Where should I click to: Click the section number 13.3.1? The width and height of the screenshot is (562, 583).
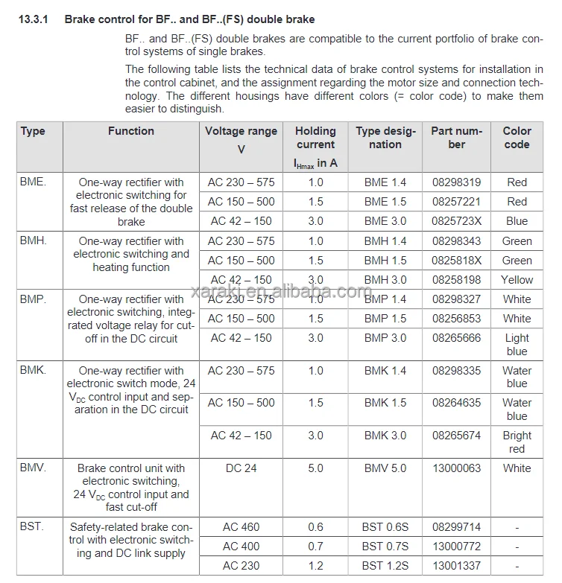coord(34,19)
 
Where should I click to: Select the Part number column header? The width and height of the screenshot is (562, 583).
coord(457,138)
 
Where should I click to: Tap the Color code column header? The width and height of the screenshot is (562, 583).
coord(517,138)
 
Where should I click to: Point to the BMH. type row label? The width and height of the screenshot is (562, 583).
coord(34,240)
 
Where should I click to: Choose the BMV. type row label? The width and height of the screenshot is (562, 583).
coord(34,468)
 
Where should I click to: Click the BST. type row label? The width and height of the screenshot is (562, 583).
coord(32,526)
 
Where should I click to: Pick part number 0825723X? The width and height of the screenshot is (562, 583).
coord(456,221)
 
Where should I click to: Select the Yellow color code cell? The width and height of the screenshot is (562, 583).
coord(517,280)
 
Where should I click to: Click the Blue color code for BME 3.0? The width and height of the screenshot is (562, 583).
coord(517,221)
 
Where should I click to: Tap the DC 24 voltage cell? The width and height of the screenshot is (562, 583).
coord(241,468)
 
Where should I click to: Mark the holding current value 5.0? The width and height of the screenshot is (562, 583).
coord(315,468)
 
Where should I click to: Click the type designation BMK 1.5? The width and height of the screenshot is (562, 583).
coord(385,403)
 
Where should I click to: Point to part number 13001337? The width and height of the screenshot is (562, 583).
coord(456,565)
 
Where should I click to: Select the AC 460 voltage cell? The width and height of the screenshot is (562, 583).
coord(241,526)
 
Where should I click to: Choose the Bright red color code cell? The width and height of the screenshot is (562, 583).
coord(517,442)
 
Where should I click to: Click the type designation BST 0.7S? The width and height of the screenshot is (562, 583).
coord(385,546)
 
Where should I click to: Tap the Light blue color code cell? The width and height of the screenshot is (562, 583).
coord(517,344)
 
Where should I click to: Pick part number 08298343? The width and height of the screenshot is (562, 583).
coord(456,240)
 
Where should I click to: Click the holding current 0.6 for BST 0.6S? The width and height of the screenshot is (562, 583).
coord(315,526)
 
